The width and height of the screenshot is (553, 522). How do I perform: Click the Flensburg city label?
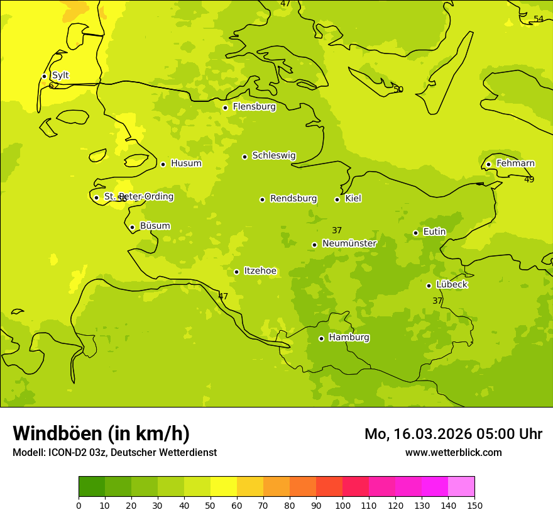[x=254, y=107]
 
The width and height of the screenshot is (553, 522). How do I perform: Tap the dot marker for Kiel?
[x=337, y=199]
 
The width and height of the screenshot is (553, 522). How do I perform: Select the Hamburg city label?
[x=349, y=338]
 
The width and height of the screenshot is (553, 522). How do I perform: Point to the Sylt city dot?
[x=44, y=76]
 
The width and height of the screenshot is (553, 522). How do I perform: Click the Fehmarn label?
[x=515, y=164]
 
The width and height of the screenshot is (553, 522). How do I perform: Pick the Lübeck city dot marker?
[x=429, y=286]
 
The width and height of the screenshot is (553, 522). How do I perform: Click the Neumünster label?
[x=349, y=243]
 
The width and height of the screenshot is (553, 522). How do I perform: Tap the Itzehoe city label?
[x=260, y=271]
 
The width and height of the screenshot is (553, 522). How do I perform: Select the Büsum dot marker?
[x=132, y=227]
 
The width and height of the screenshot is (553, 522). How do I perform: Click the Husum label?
[x=186, y=164]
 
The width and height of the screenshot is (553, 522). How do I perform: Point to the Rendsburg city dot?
[x=262, y=199]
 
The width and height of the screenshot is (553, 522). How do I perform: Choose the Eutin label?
[x=434, y=232]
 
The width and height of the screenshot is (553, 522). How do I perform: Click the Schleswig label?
[x=273, y=155]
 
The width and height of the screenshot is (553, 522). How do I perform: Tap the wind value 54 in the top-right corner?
[x=539, y=19]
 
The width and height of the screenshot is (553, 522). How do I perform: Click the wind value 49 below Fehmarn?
[x=529, y=179]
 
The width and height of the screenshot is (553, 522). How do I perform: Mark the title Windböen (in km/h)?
[x=101, y=433]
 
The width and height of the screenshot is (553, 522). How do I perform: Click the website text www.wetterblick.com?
[x=453, y=452]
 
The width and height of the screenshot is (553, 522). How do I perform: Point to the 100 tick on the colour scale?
[x=342, y=505]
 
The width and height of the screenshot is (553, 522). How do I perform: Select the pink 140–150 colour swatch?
[x=461, y=487]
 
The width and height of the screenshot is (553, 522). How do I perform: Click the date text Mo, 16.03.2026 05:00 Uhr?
[x=453, y=434]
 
